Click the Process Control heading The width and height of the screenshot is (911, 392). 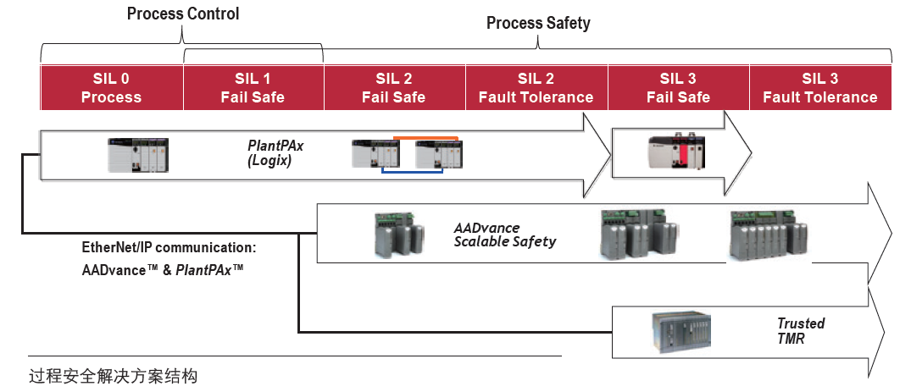pyautogui.click(x=183, y=14)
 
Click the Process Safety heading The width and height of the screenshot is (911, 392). pyautogui.click(x=538, y=23)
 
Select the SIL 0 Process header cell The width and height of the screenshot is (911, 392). pyautogui.click(x=112, y=88)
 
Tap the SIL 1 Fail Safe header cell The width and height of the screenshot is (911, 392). pyautogui.click(x=253, y=88)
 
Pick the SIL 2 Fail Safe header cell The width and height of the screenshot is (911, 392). pyautogui.click(x=394, y=88)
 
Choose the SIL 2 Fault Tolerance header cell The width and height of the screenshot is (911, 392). pyautogui.click(x=536, y=88)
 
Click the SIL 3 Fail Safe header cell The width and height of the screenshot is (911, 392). pyautogui.click(x=679, y=88)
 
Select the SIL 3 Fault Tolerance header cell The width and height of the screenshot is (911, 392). pyautogui.click(x=820, y=88)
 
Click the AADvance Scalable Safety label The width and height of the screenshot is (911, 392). pyautogui.click(x=505, y=234)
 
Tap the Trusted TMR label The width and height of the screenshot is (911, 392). pyautogui.click(x=801, y=331)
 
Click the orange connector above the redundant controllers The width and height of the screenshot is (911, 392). pyautogui.click(x=426, y=138)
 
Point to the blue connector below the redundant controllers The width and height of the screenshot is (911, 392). pyautogui.click(x=413, y=172)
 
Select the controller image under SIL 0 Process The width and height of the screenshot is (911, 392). pyautogui.click(x=138, y=155)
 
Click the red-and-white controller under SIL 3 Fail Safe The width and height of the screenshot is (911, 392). pyautogui.click(x=677, y=152)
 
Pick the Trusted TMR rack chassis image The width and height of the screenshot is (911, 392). pyautogui.click(x=681, y=332)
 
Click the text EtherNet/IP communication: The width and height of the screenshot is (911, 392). pyautogui.click(x=169, y=248)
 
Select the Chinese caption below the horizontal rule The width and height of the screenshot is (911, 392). pyautogui.click(x=114, y=376)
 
